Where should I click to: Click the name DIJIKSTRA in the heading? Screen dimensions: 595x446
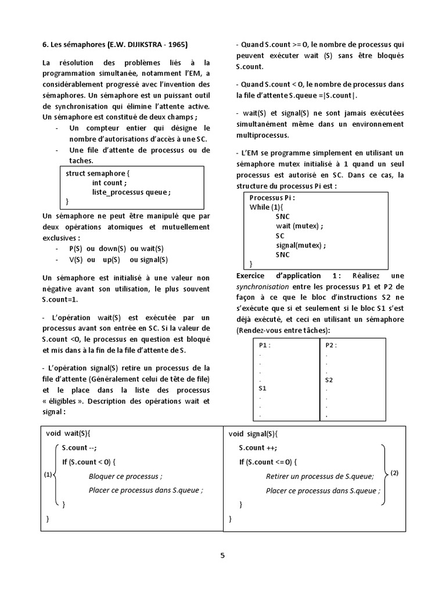pos(142,45)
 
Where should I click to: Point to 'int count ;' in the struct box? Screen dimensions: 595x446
pos(109,182)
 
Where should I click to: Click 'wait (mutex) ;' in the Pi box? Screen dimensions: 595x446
pos(299,226)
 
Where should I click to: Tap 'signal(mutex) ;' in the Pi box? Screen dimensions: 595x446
pos(301,245)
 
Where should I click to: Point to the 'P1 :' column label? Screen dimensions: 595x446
pos(265,345)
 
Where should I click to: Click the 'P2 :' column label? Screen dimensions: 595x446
pos(332,345)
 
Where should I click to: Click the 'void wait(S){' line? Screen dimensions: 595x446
pos(69,433)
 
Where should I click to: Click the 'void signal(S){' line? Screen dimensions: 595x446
pos(253,433)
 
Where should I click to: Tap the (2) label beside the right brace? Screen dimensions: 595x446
pos(394,473)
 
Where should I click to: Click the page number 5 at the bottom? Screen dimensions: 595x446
pos(222,555)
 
